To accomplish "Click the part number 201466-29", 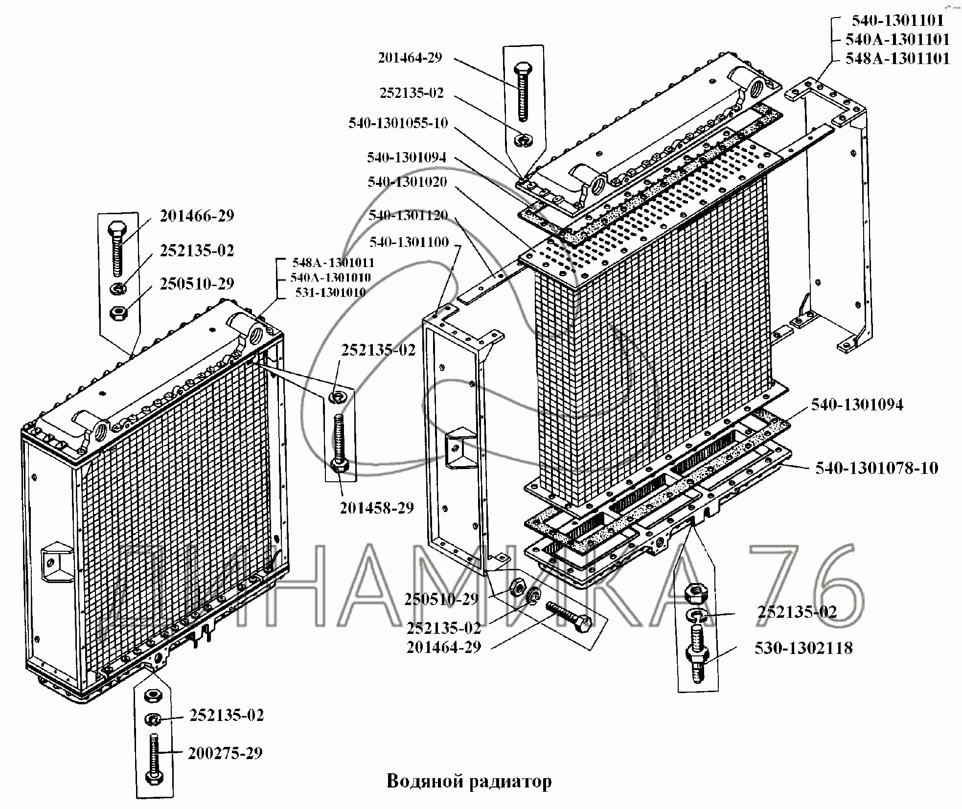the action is [x=197, y=216].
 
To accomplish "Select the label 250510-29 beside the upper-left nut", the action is [x=197, y=284].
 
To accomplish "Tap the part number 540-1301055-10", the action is [x=398, y=123].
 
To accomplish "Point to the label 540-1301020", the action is [x=407, y=182].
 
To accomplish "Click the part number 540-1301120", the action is [x=408, y=215].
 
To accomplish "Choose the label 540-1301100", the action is [x=409, y=242].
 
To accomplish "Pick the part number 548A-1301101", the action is [x=897, y=59].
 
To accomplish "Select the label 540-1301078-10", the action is [x=876, y=468].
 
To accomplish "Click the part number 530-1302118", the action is [x=803, y=648].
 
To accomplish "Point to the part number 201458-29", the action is [x=377, y=508].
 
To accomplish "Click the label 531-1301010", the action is [x=330, y=292].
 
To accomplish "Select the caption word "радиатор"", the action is [x=510, y=781].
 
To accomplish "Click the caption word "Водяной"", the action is [x=424, y=781].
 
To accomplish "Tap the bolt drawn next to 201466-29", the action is [x=117, y=249].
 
